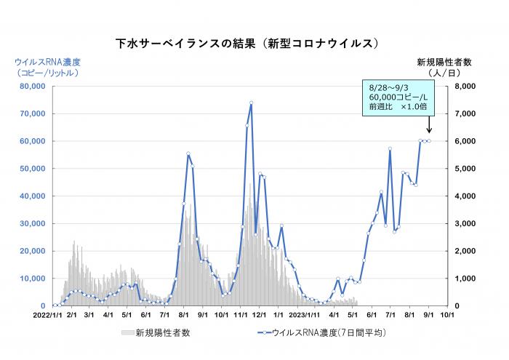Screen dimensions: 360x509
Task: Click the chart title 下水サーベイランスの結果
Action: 247,44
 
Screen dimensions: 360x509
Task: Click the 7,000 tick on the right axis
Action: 465,114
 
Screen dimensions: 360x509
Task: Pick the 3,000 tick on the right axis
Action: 465,224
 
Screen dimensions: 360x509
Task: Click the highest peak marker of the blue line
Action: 251,103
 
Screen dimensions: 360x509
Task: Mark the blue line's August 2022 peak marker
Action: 188,153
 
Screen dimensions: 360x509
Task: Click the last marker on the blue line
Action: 429,141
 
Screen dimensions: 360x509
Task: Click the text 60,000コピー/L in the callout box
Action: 398,97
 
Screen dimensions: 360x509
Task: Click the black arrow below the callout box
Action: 428,126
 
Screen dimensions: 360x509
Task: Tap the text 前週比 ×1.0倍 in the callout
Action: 398,107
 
